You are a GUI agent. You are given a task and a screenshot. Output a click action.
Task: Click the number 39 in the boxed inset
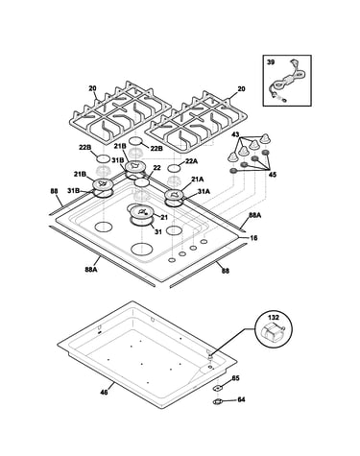[x=271, y=62]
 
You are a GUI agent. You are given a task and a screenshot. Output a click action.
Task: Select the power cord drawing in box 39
[x=287, y=82]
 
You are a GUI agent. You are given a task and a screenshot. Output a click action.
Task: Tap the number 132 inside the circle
[x=274, y=318]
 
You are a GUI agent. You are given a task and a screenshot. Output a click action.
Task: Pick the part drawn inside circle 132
[x=273, y=332]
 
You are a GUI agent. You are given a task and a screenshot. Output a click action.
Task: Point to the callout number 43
[x=235, y=135]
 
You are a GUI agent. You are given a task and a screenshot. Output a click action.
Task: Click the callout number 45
[x=273, y=175]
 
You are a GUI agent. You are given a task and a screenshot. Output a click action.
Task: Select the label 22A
[x=191, y=161]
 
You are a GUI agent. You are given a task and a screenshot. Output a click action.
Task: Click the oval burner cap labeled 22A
[x=174, y=168]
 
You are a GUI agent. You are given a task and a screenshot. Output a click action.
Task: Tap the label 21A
[x=197, y=180]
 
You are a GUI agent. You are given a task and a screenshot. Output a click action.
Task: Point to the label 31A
[x=204, y=191]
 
